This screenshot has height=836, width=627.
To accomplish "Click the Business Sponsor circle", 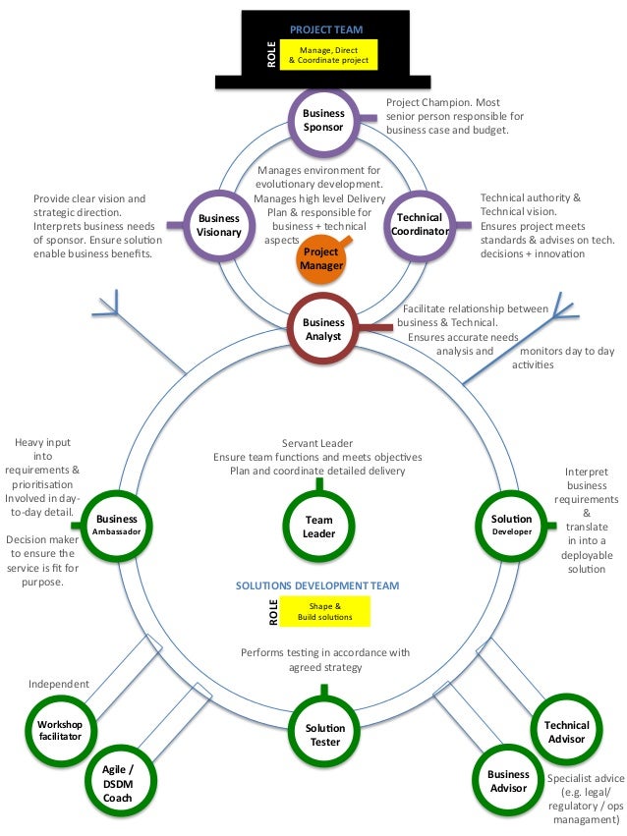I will click(x=323, y=120).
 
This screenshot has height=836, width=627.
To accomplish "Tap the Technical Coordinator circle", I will click(x=420, y=225).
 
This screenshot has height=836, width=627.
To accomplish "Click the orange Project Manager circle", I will click(x=319, y=257).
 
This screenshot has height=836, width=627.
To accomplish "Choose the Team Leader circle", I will click(x=319, y=527).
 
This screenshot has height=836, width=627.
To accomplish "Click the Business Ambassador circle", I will click(x=117, y=525).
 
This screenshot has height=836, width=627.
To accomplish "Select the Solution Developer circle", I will click(x=511, y=525).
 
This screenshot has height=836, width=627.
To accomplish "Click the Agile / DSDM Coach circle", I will click(x=118, y=783).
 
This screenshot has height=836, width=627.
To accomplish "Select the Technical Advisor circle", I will click(x=566, y=732).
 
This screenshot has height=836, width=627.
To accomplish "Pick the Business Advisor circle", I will click(x=508, y=781).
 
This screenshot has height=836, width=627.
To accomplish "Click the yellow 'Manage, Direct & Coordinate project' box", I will click(x=327, y=55).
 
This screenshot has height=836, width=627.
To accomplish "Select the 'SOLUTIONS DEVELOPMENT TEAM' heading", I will click(x=317, y=585).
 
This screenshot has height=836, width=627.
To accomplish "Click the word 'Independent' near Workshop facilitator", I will click(x=59, y=684).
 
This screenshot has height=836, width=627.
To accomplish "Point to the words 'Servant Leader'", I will click(x=317, y=443).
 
